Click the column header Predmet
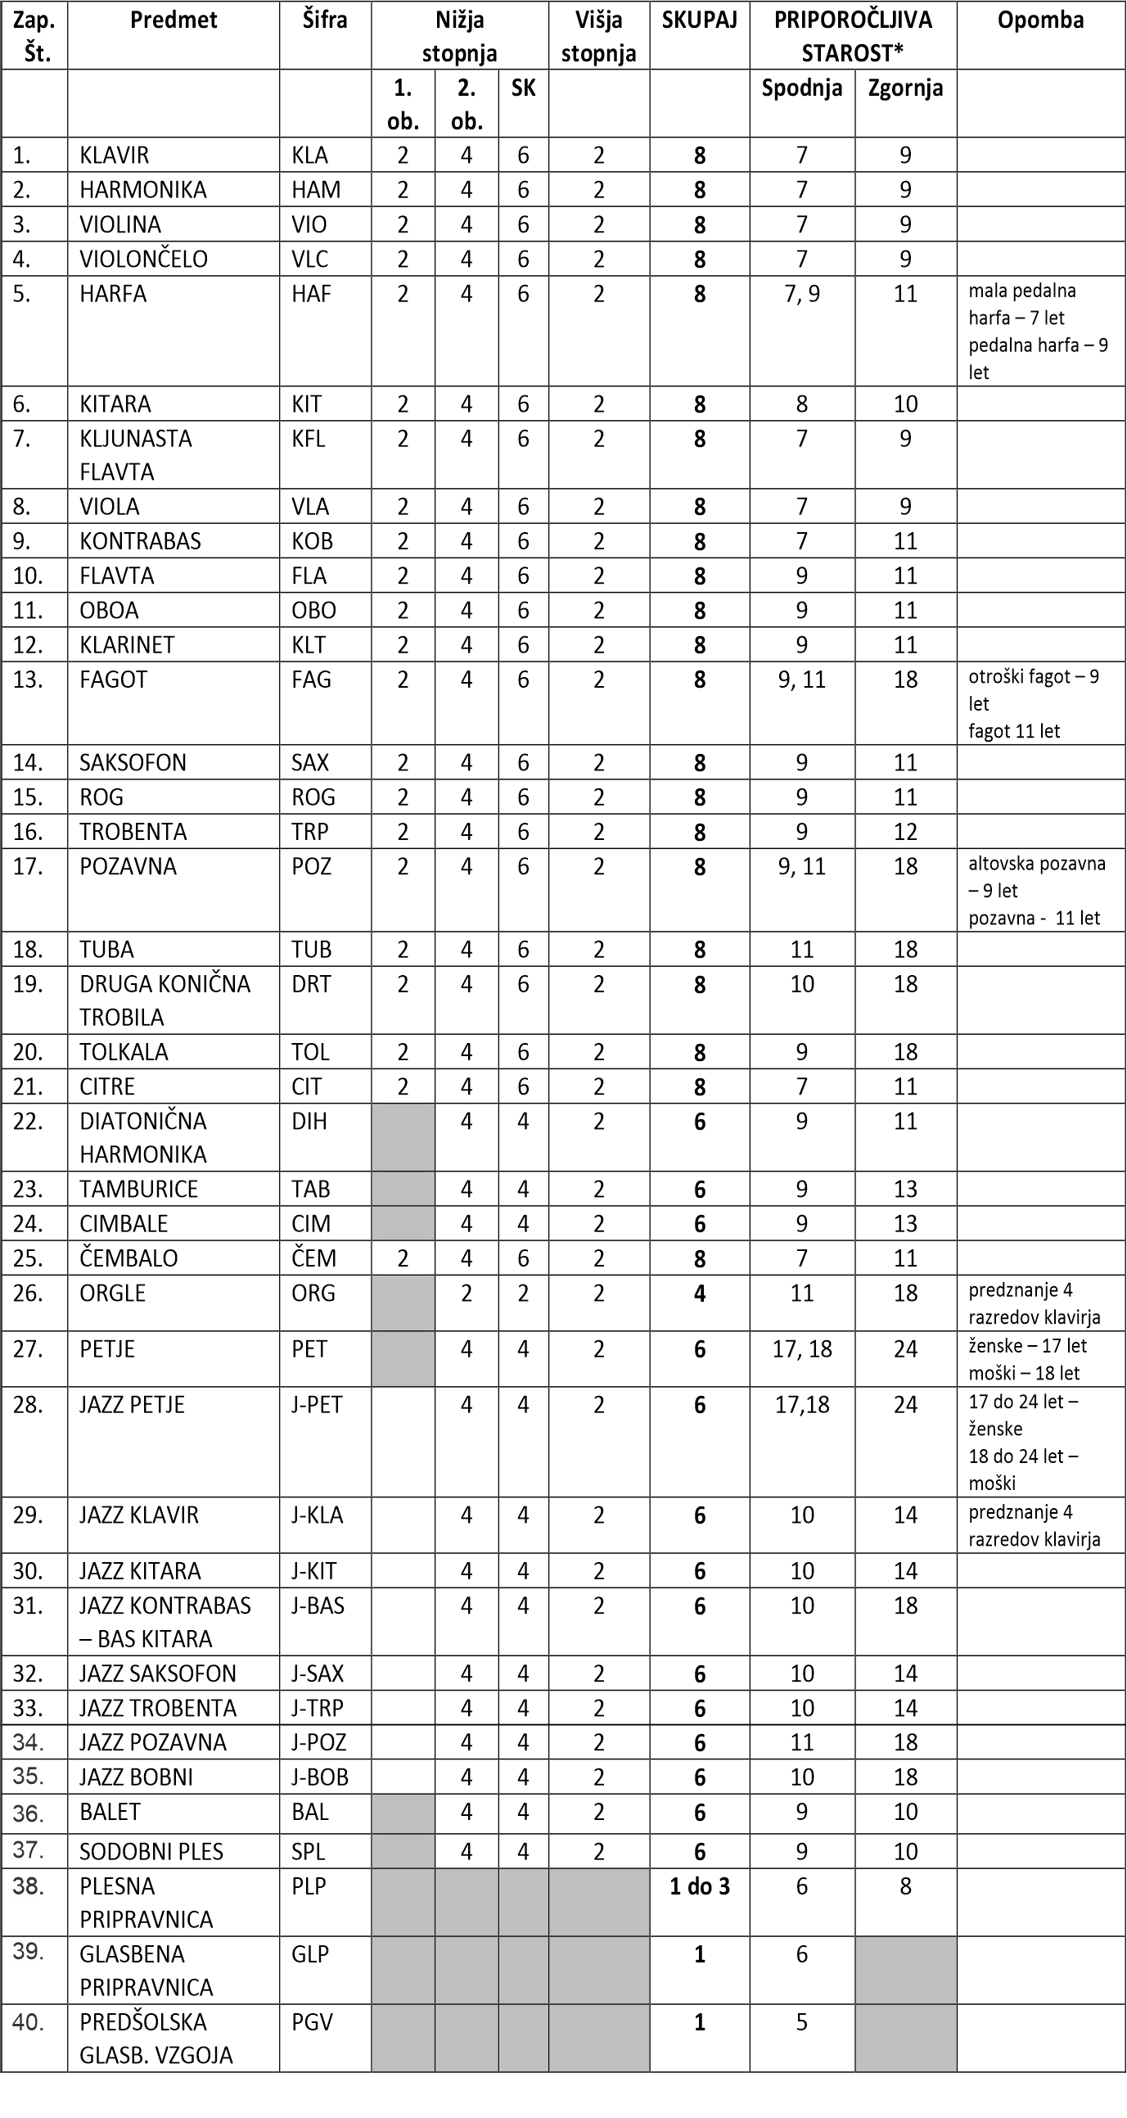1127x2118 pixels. point(174,20)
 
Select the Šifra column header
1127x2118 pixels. point(325,20)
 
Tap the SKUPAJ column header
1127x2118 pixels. point(700,20)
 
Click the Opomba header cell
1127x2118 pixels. point(1041,20)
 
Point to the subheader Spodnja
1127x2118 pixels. point(801,88)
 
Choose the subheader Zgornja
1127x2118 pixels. point(905,88)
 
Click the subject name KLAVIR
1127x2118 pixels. point(115,156)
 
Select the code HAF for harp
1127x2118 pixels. point(311,295)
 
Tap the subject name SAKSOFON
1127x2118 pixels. point(133,763)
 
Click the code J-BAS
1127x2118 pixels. point(318,1605)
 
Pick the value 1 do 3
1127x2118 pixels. point(700,1886)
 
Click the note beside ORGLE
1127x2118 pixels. point(1035,1304)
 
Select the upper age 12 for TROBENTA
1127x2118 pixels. point(905,832)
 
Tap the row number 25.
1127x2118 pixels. point(27,1259)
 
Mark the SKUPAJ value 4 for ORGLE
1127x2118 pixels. point(700,1294)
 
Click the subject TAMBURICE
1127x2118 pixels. point(138,1190)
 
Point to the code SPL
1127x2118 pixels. point(309,1852)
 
